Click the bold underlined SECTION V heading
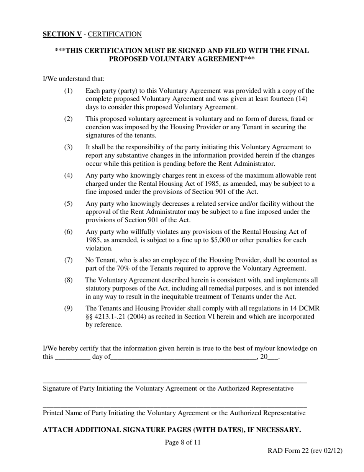[62, 34]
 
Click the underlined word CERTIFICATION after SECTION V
[115, 34]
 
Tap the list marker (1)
[68, 91]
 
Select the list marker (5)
[68, 204]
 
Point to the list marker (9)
[68, 309]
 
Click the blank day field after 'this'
[73, 358]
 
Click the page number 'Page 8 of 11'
[183, 442]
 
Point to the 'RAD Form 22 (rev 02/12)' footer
[305, 451]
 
